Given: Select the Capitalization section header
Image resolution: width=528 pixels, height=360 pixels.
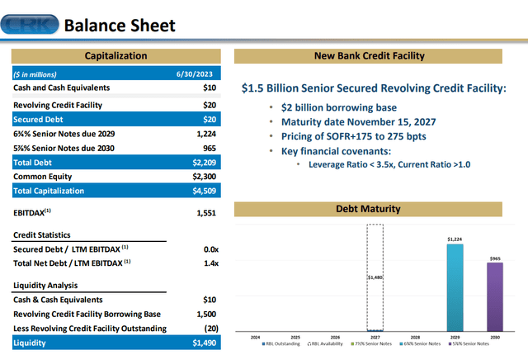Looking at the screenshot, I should pyautogui.click(x=116, y=56).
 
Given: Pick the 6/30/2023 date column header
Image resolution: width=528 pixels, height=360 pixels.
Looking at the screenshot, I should pyautogui.click(x=200, y=73).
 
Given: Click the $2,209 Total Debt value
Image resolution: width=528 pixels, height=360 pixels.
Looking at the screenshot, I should pyautogui.click(x=202, y=163).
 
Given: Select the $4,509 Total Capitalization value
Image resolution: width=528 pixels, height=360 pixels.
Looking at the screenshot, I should pyautogui.click(x=202, y=191).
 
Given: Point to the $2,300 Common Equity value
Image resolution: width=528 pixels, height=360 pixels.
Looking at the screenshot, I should pyautogui.click(x=202, y=177).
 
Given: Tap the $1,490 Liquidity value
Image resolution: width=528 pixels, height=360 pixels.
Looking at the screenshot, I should pyautogui.click(x=202, y=343).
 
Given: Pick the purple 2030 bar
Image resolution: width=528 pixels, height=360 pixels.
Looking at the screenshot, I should pyautogui.click(x=494, y=297).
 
